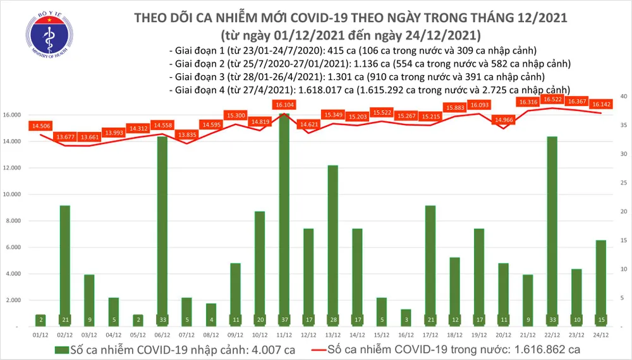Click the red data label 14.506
click(x=40, y=126)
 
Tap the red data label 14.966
click(x=504, y=119)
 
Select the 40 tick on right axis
click(x=623, y=97)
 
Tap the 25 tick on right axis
click(x=623, y=183)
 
